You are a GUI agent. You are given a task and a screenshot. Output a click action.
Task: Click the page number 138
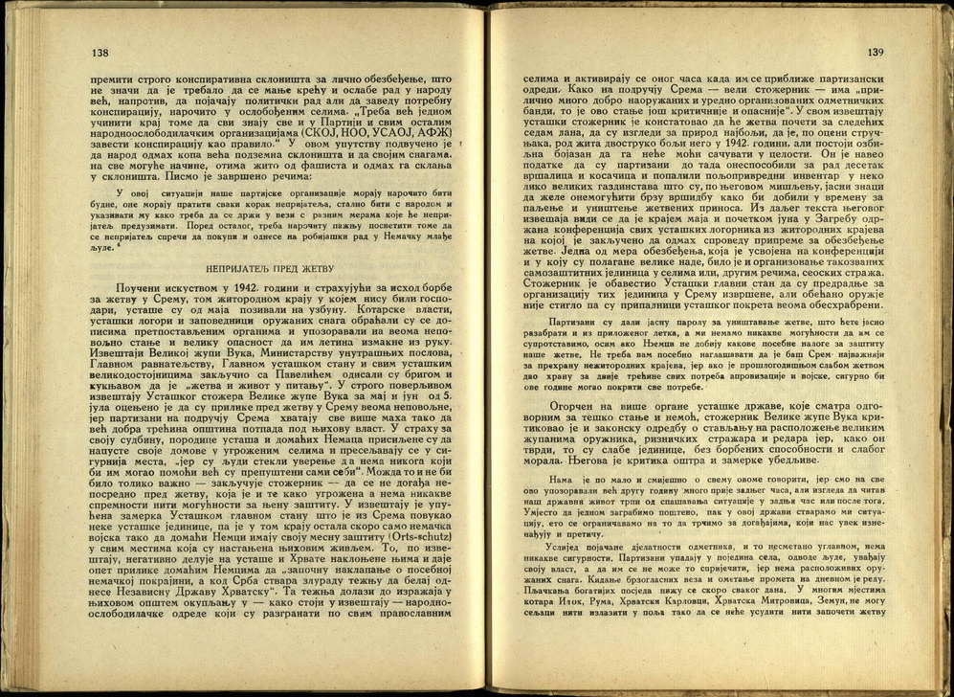tap(100, 53)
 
